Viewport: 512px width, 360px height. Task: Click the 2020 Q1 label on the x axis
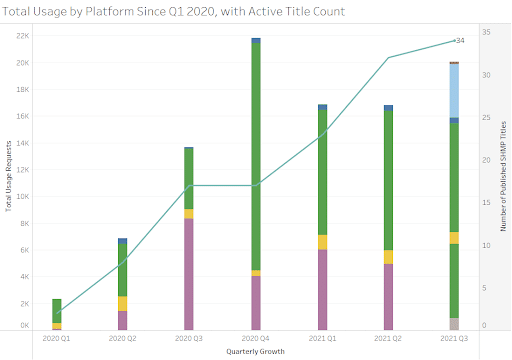coord(57,339)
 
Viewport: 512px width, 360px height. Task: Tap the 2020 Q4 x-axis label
coord(255,339)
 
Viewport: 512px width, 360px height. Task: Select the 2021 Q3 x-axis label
coord(453,339)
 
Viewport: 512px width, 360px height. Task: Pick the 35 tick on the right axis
coord(484,32)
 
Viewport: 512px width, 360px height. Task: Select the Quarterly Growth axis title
coord(255,351)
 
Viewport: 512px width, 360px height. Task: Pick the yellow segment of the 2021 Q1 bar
coord(321,242)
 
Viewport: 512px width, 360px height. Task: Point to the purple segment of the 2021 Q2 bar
coord(387,296)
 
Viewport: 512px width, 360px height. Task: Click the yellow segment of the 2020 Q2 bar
coord(123,303)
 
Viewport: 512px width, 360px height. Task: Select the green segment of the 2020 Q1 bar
coord(57,310)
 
